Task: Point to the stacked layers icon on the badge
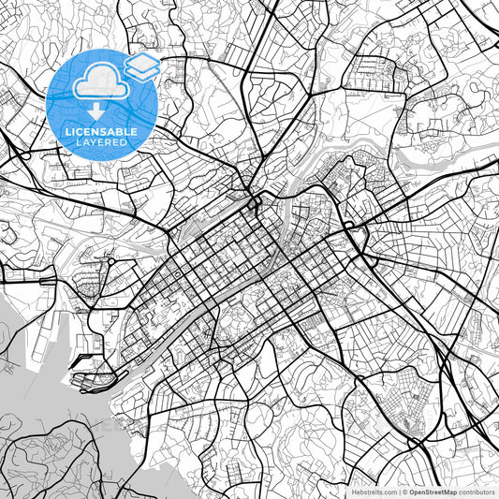pyautogui.click(x=141, y=65)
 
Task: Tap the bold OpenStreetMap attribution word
pyautogui.click(x=433, y=490)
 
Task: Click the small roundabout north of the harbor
pyautogui.click(x=110, y=262)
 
